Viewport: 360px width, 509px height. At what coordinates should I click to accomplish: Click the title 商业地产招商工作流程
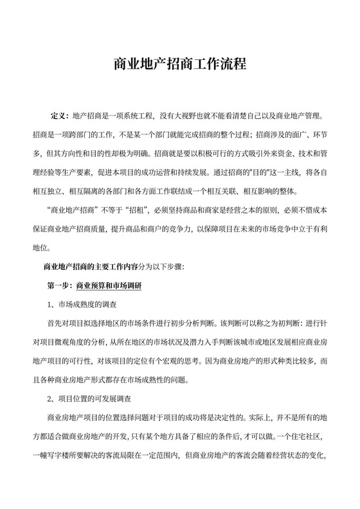[180, 65]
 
